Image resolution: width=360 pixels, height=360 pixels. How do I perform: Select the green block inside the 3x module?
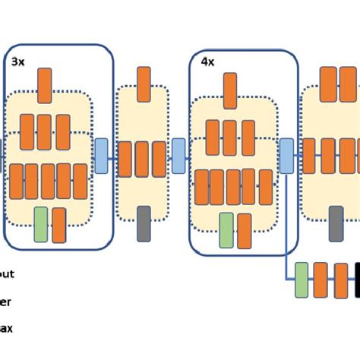pyautogui.click(x=41, y=224)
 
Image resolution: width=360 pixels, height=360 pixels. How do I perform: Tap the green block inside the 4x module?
pyautogui.click(x=226, y=229)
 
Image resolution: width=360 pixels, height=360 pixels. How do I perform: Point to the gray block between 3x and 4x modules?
pyautogui.click(x=144, y=223)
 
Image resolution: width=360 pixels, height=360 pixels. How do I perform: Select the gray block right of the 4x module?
pyautogui.click(x=336, y=223)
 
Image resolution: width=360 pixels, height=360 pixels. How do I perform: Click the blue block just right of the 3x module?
pyautogui.click(x=102, y=155)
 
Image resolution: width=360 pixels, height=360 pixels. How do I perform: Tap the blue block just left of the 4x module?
pyautogui.click(x=178, y=155)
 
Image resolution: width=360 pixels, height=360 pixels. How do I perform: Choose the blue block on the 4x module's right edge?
pyautogui.click(x=287, y=155)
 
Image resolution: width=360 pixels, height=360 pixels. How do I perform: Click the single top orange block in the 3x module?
pyautogui.click(x=45, y=85)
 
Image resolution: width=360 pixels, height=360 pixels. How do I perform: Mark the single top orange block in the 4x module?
pyautogui.click(x=232, y=90)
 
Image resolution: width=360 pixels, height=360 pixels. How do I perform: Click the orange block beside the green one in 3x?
pyautogui.click(x=59, y=224)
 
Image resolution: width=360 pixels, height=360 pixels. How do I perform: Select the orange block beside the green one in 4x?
pyautogui.click(x=244, y=231)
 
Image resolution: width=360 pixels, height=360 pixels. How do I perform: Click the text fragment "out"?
pyautogui.click(x=7, y=273)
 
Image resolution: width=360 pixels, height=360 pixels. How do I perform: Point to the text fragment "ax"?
pyautogui.click(x=6, y=329)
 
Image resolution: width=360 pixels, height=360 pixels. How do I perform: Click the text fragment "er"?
pyautogui.click(x=5, y=302)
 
